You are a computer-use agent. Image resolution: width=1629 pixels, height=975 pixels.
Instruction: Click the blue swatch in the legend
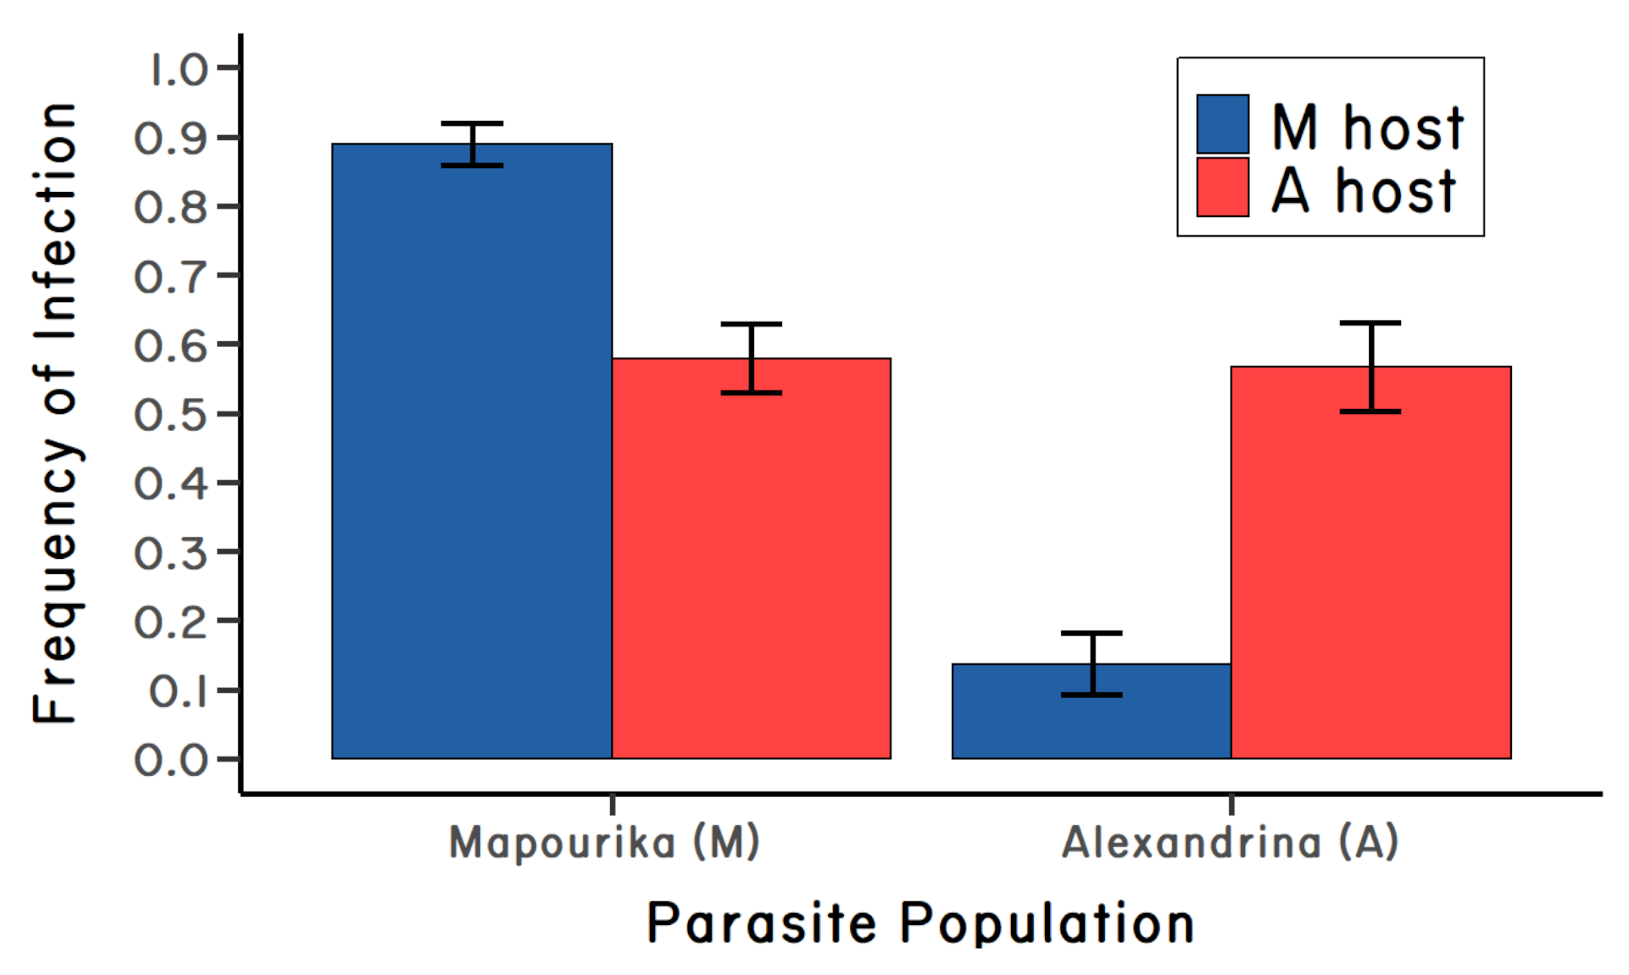tap(1223, 124)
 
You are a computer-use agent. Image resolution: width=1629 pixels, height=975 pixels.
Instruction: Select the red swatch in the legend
tap(1223, 187)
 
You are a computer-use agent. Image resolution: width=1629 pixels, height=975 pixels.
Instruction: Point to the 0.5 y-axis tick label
tap(171, 416)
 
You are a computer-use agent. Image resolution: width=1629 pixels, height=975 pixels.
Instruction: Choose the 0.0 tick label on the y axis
tap(171, 761)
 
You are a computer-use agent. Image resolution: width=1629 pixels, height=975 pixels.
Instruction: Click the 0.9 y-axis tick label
tap(171, 139)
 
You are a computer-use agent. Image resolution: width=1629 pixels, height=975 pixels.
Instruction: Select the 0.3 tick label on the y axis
tap(171, 553)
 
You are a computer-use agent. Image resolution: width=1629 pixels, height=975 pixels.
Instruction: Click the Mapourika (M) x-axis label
tap(604, 842)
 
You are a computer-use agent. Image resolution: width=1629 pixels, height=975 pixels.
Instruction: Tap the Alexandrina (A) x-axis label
tap(1230, 842)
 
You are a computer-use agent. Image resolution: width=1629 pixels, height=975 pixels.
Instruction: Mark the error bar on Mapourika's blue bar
tap(472, 144)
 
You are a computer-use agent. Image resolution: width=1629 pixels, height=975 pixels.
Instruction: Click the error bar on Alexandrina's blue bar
tap(1092, 664)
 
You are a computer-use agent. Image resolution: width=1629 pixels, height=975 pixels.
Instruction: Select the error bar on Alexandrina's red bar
tap(1371, 367)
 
